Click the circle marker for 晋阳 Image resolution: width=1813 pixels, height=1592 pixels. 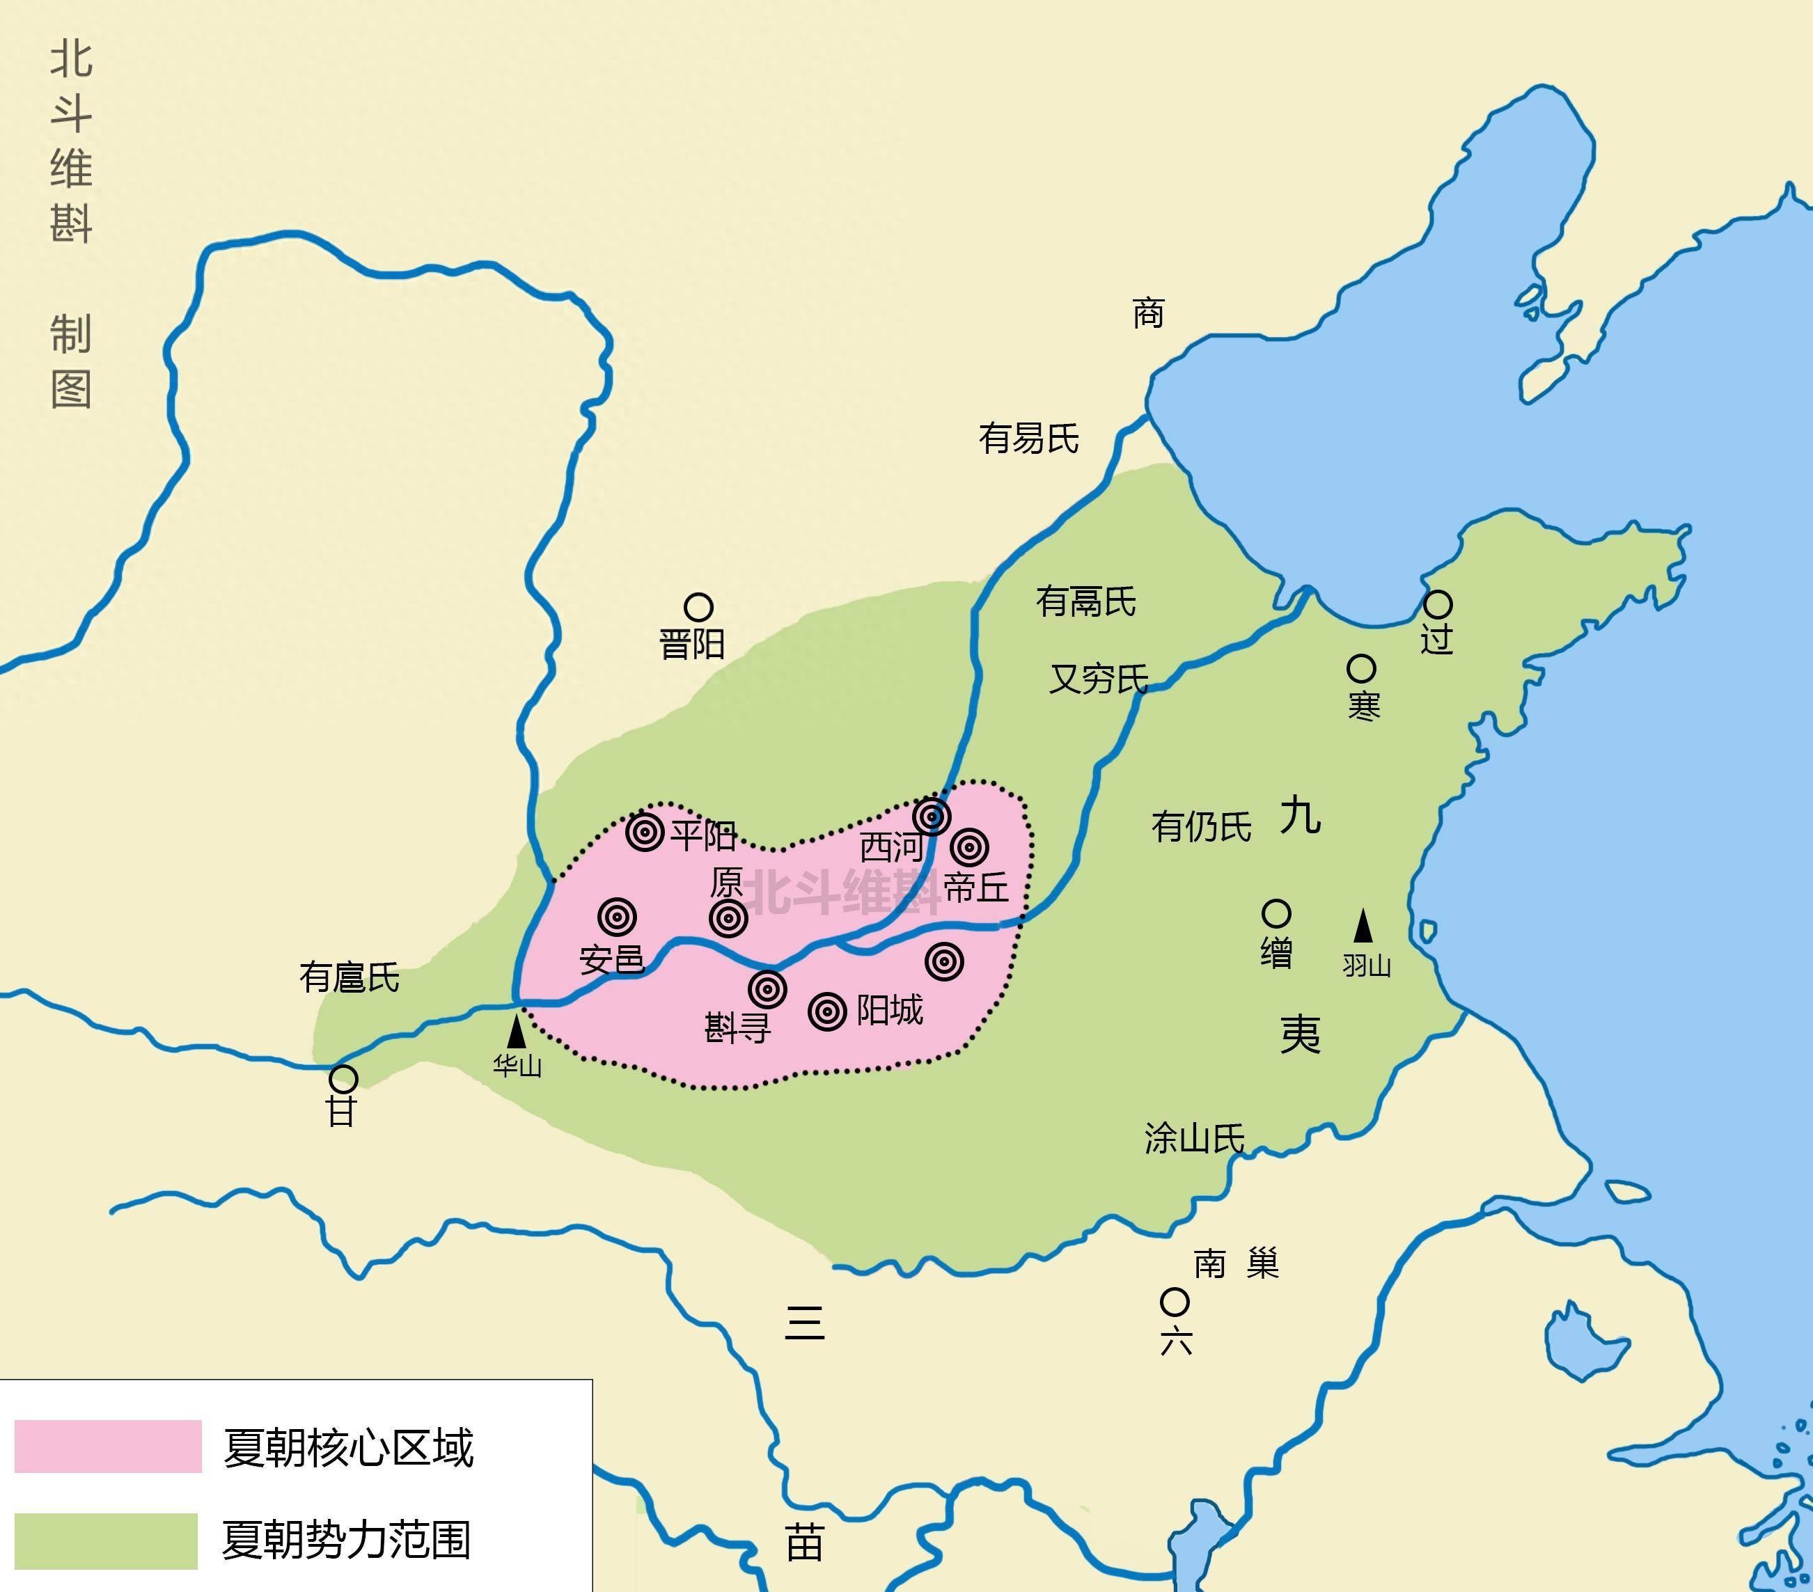pos(698,608)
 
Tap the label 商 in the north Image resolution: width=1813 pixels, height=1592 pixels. pos(1148,313)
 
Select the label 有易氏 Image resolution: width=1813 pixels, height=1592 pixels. pos(1029,438)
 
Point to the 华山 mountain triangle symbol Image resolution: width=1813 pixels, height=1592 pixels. pos(516,1032)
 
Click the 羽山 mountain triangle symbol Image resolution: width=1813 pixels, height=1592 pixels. pos(1363,926)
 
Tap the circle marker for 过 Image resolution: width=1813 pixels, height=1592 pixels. pos(1438,605)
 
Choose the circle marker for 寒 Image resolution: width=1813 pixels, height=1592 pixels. pos(1362,669)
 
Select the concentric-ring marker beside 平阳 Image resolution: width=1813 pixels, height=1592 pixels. pos(645,832)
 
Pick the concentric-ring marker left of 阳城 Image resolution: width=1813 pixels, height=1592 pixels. pos(828,1011)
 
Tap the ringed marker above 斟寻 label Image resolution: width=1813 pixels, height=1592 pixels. pos(767,989)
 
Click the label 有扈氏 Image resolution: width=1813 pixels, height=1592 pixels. pos(350,977)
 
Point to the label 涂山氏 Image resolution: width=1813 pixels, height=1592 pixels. pos(1194,1138)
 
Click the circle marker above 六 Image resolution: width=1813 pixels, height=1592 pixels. pos(1175,1302)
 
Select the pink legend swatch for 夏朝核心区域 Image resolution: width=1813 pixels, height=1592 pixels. pos(108,1447)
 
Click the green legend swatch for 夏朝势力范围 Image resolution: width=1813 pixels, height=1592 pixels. pos(107,1540)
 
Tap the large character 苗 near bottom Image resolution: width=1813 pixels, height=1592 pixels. pos(804,1543)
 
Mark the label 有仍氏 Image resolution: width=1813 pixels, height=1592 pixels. pos(1201,826)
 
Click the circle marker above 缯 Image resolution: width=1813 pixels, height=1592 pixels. pos(1276,913)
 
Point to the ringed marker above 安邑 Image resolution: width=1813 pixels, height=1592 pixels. pos(618,916)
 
